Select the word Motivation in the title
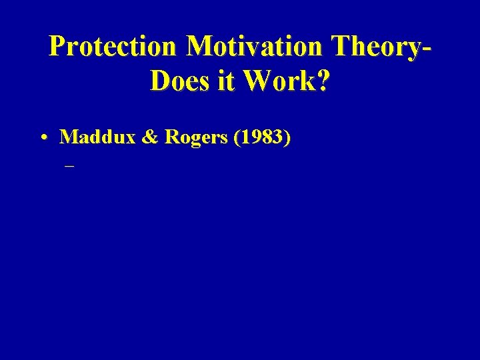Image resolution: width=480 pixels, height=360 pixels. (257, 47)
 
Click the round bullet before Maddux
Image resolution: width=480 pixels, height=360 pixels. (43, 138)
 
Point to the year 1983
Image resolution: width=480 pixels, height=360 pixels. (261, 137)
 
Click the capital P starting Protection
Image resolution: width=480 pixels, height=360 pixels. (58, 47)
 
